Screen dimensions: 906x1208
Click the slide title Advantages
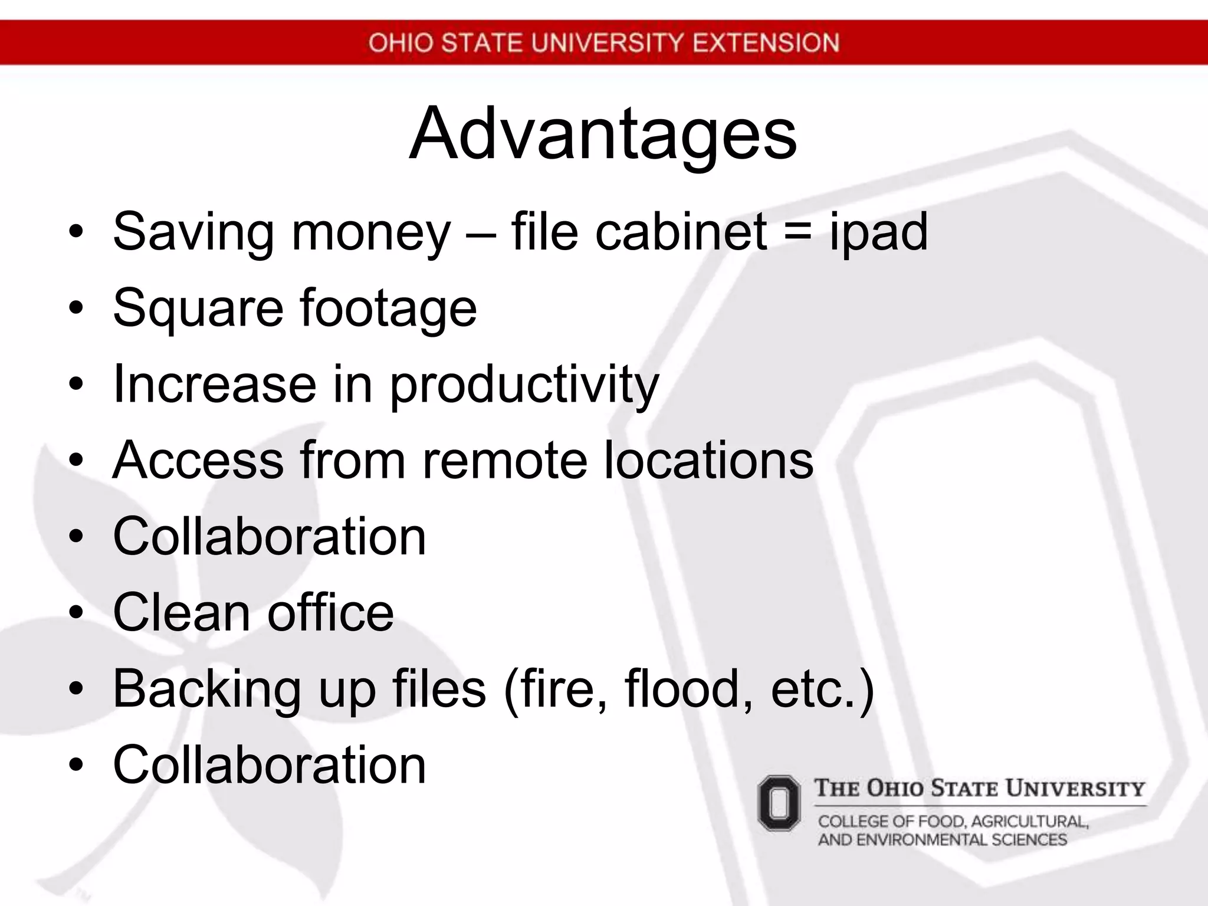[x=603, y=134]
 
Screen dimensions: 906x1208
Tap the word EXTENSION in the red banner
[x=766, y=43]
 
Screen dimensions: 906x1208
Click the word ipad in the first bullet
[x=878, y=232]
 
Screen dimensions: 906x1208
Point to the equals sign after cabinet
[x=798, y=232]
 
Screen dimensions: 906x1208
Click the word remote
[x=505, y=460]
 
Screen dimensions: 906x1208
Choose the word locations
[x=708, y=460]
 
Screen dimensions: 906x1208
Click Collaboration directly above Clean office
[x=269, y=536]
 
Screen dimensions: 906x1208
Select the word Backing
[x=207, y=690]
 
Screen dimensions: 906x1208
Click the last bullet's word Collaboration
[x=269, y=765]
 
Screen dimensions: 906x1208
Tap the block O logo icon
[x=779, y=803]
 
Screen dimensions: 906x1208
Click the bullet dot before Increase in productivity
[x=76, y=385]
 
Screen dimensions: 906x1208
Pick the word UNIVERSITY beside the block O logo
[x=1075, y=789]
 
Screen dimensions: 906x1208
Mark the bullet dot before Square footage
[x=76, y=308]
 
